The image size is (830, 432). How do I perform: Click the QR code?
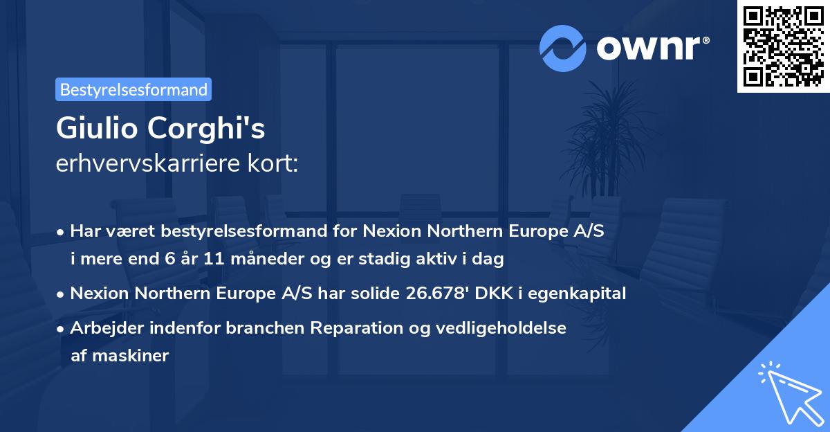coord(783,46)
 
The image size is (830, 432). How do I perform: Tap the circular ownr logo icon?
coord(562,48)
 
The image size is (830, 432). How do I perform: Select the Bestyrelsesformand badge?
coord(133,89)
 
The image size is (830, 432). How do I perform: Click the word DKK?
coord(495,294)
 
